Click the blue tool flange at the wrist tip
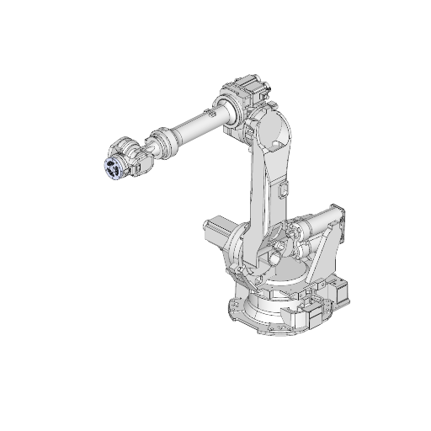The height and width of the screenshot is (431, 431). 112,168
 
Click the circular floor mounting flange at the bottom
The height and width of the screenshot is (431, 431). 253,316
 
